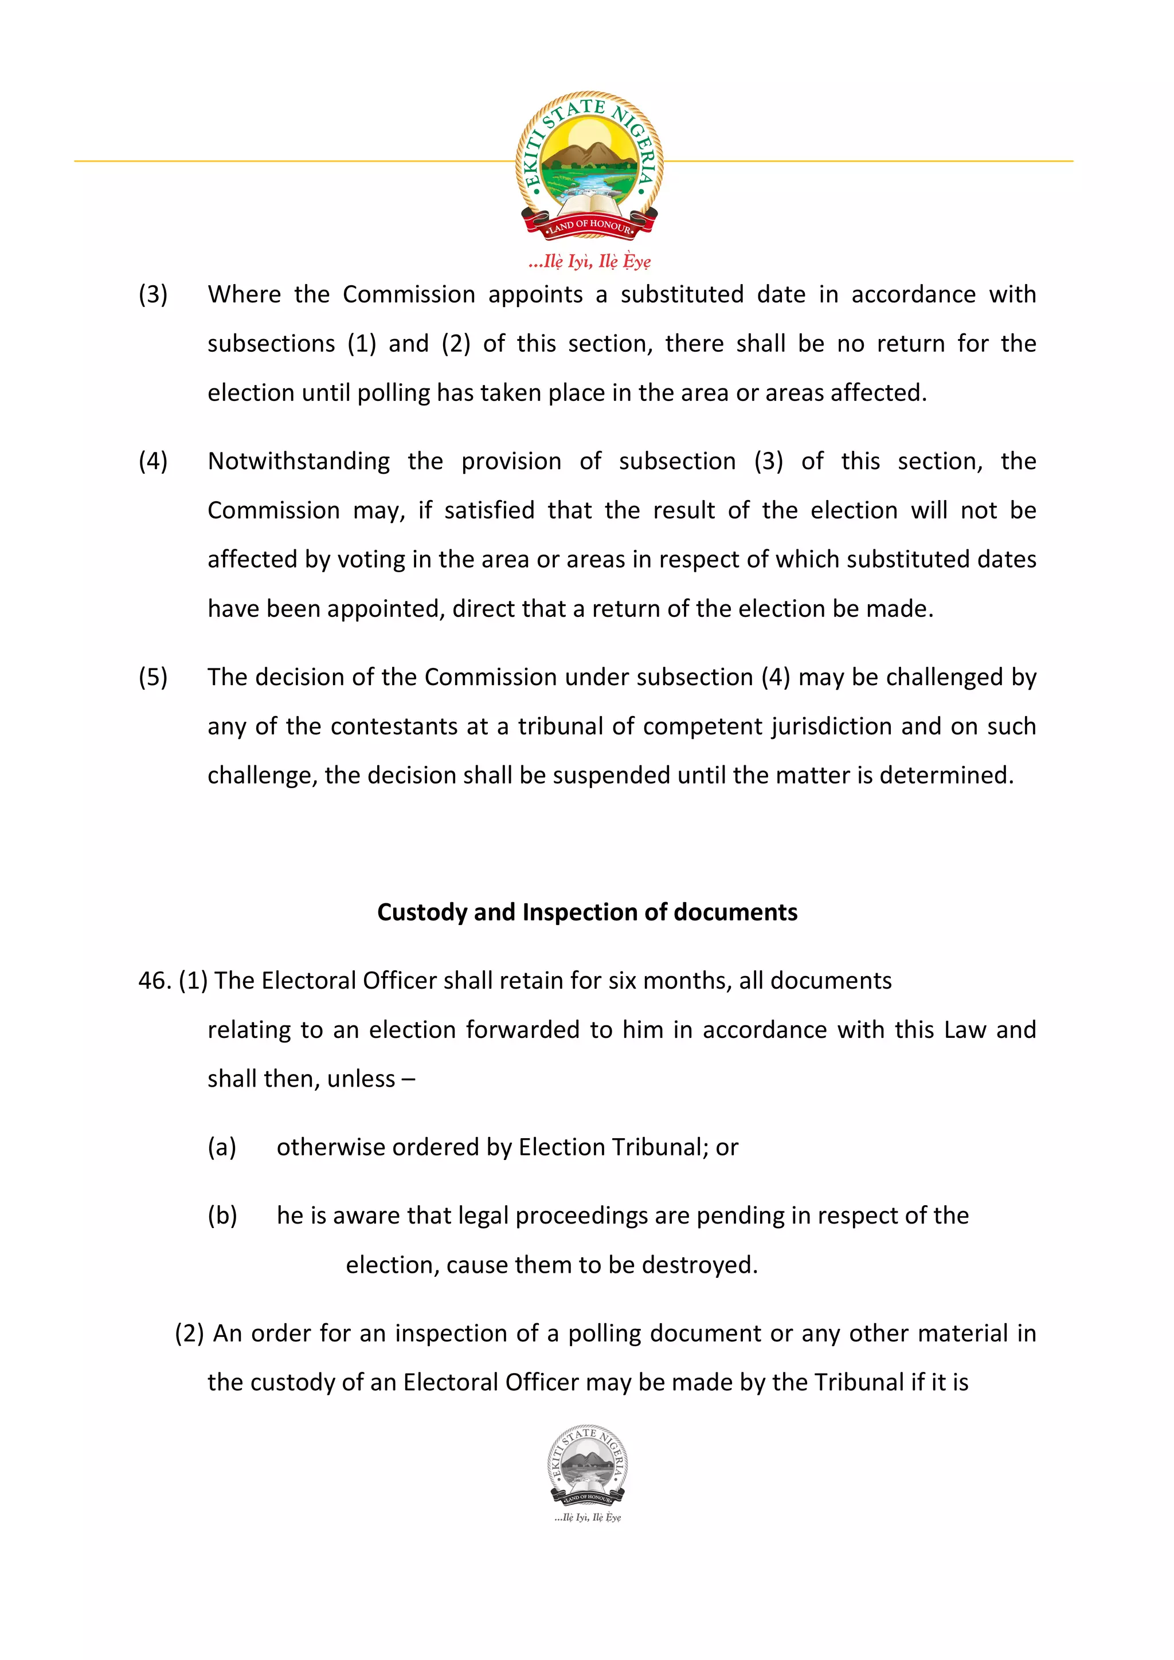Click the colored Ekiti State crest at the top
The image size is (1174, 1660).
click(589, 163)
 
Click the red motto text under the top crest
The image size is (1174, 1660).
click(589, 261)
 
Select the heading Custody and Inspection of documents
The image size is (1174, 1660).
click(586, 912)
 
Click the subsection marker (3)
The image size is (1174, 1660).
click(152, 294)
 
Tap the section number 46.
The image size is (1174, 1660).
click(154, 981)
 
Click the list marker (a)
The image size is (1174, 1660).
click(221, 1147)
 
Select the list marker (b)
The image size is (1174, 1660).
click(222, 1216)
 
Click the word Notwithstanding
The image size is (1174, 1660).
click(298, 461)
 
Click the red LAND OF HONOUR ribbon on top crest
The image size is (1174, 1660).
click(589, 226)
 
